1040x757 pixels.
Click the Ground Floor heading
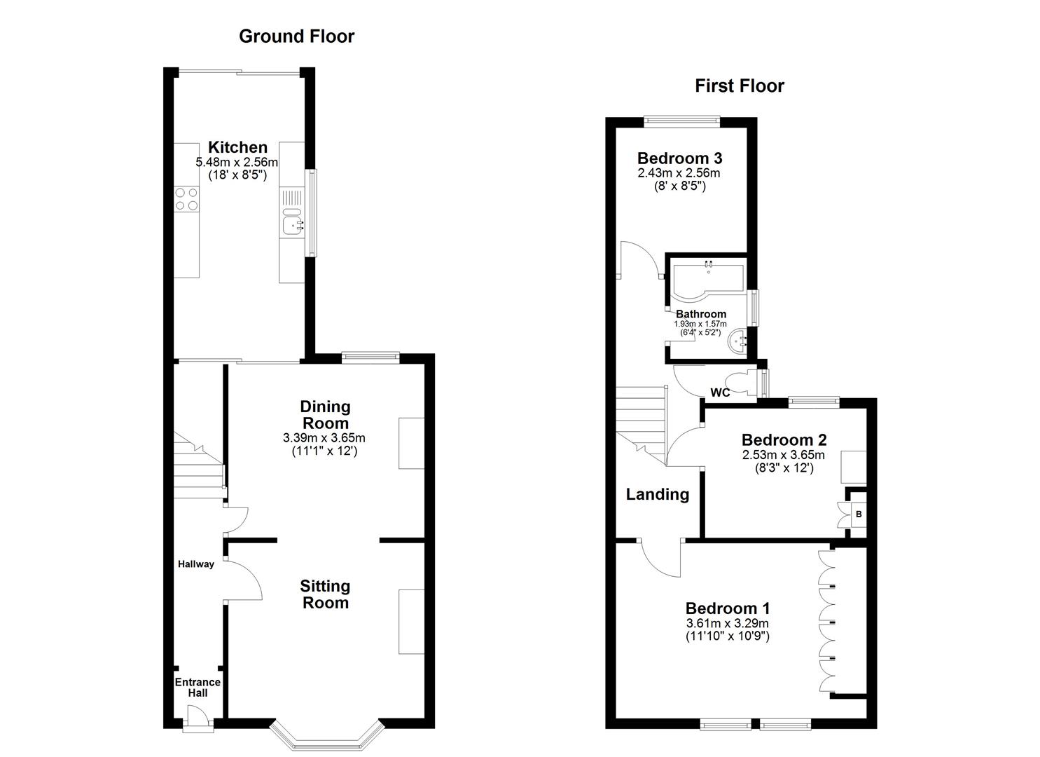click(x=296, y=36)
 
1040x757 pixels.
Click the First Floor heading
click(x=739, y=86)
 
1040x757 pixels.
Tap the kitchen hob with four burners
click(x=186, y=198)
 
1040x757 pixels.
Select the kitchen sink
click(x=293, y=224)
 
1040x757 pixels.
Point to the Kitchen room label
click(x=238, y=147)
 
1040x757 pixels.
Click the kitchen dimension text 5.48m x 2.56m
click(x=237, y=163)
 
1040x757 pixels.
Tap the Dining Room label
click(x=325, y=415)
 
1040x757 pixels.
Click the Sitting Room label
click(x=325, y=594)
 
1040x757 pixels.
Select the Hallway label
click(x=195, y=564)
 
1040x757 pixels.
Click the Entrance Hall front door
click(x=197, y=718)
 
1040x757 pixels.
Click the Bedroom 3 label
click(x=679, y=158)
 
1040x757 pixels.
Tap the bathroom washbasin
click(x=738, y=343)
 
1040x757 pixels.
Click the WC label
click(x=720, y=393)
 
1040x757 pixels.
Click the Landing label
click(x=657, y=495)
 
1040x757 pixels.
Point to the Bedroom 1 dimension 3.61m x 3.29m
click(x=727, y=624)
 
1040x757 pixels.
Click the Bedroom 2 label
click(x=784, y=440)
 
